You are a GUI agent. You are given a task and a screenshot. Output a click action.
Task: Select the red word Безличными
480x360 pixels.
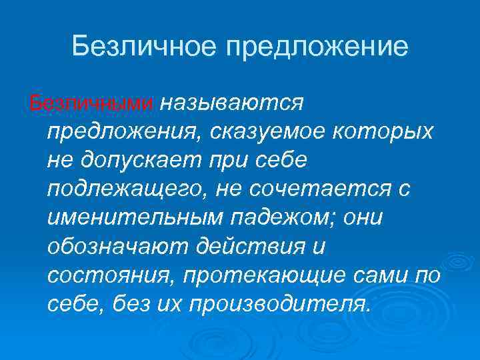click(91, 104)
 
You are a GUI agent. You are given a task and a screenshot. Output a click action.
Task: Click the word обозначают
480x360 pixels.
click(116, 247)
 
